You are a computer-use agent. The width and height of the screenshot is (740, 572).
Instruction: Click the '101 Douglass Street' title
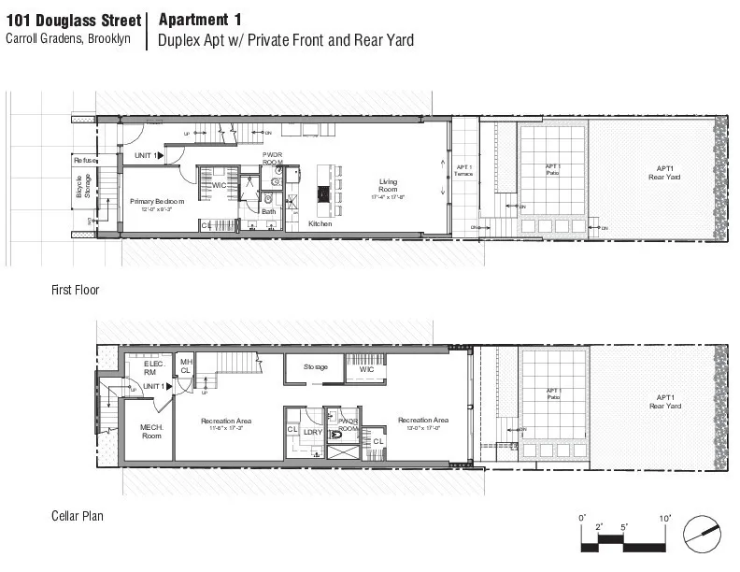(73, 21)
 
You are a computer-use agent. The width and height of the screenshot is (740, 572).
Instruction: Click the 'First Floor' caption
(75, 291)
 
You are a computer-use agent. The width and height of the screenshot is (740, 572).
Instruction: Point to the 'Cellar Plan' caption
(77, 516)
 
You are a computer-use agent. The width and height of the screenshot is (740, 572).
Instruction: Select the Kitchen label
(320, 225)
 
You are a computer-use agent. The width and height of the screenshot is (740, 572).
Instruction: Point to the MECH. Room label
(151, 432)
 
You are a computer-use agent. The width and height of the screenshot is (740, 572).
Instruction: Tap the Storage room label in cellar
(315, 367)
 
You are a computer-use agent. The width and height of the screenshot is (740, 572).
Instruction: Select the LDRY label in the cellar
(312, 432)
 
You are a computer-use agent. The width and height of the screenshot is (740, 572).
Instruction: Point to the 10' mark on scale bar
(664, 519)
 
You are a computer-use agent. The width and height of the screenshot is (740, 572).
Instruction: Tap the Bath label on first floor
(268, 211)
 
